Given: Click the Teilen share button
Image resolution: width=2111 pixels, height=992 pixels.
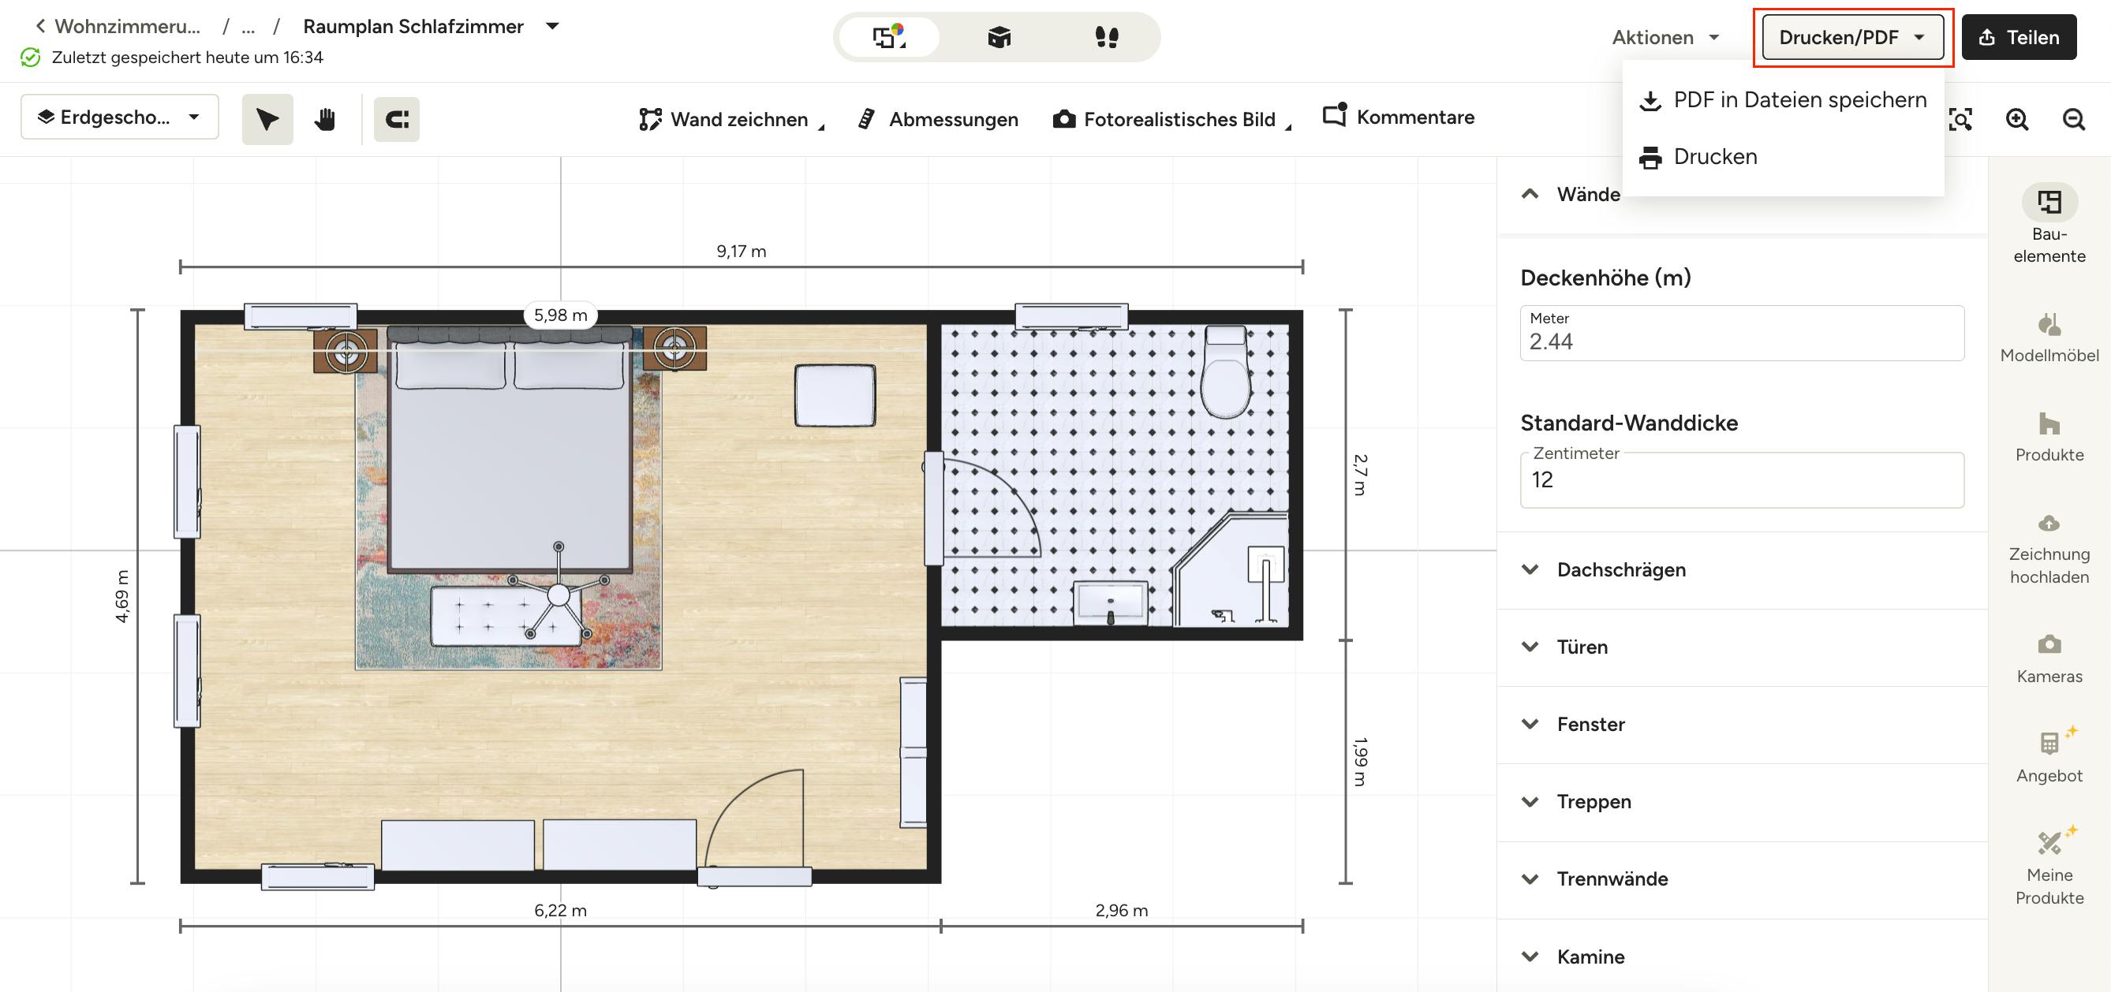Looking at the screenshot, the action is (2019, 37).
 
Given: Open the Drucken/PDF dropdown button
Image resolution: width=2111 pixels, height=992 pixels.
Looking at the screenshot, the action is (1852, 37).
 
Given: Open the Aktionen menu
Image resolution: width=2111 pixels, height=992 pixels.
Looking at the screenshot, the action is (1665, 37).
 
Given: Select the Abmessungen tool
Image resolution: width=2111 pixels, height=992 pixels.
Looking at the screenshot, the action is (937, 119).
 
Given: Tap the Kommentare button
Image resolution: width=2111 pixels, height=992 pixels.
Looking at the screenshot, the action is (1398, 117).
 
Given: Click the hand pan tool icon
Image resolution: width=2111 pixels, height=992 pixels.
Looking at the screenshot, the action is (325, 119).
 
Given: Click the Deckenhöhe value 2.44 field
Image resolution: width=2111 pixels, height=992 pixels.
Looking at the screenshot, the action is (1741, 334).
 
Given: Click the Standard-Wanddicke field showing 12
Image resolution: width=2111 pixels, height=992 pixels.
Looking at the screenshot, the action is (1741, 480).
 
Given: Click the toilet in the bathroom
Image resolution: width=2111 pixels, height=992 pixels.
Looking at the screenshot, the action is (1226, 372).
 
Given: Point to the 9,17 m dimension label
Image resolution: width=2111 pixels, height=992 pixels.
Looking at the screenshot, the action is (741, 251).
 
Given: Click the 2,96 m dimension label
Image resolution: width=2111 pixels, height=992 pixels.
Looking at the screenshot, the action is (1121, 910).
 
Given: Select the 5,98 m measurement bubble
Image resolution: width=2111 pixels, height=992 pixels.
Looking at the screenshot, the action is (561, 315).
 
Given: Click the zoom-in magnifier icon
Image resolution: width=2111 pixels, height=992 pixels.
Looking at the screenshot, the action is (2017, 119).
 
